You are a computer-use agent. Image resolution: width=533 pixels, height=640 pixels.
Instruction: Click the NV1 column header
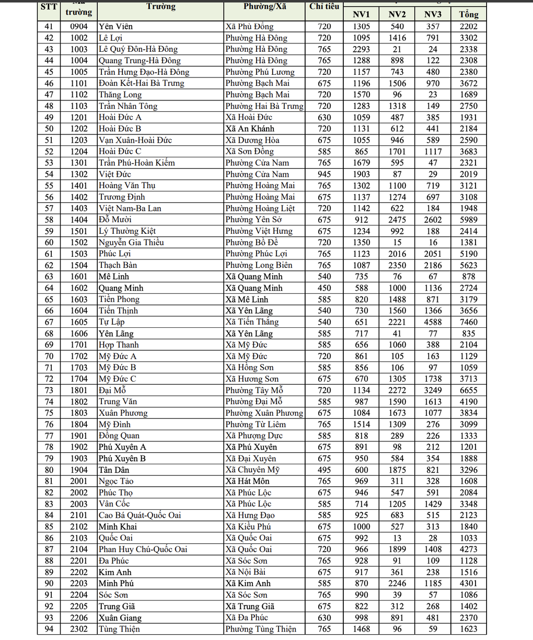click(x=361, y=14)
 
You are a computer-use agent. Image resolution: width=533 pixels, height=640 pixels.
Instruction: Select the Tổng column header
click(x=468, y=14)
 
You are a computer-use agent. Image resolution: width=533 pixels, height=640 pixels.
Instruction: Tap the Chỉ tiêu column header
click(x=324, y=7)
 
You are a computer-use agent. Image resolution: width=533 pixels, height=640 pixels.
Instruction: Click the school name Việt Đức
click(x=115, y=174)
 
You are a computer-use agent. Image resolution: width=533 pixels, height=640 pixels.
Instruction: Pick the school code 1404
click(x=79, y=220)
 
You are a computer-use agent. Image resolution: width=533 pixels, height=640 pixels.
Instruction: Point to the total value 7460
click(x=468, y=322)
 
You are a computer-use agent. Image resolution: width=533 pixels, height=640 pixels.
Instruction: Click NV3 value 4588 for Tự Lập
click(x=433, y=322)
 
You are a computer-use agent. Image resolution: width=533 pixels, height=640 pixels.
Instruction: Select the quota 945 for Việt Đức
click(x=324, y=174)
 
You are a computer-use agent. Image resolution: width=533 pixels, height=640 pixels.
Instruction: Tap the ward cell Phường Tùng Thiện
click(x=261, y=629)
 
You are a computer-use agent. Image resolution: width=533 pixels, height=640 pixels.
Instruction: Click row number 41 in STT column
click(x=49, y=26)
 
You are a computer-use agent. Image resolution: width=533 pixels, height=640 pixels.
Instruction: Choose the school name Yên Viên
click(x=116, y=26)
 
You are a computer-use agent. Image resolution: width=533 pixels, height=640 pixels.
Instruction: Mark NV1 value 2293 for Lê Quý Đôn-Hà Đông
click(x=361, y=49)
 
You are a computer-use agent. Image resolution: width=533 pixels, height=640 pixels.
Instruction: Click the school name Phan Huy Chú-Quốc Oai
click(x=143, y=549)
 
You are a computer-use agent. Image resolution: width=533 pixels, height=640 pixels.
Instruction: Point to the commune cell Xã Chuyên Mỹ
click(x=252, y=470)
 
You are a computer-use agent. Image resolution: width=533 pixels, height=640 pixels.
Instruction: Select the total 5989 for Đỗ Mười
click(x=468, y=220)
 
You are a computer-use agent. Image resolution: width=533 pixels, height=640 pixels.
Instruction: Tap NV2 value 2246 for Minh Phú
click(x=397, y=583)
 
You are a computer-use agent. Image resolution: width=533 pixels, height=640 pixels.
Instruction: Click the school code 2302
click(x=79, y=629)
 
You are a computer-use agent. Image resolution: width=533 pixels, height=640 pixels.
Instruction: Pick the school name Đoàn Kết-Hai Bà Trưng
click(x=141, y=83)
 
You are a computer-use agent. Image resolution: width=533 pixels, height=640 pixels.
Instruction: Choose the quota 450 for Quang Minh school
click(x=324, y=288)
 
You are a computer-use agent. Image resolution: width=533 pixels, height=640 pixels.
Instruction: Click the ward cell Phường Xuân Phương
click(x=264, y=413)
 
